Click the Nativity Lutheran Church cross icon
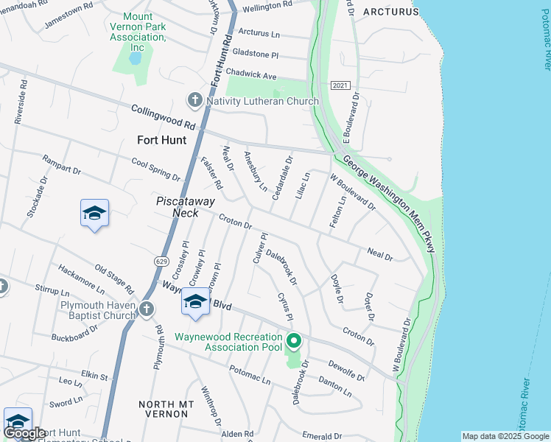194,100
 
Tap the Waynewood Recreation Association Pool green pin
294,340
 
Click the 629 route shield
161,261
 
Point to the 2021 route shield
339,86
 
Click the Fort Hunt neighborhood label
161,139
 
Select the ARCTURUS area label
390,12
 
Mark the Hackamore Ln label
80,277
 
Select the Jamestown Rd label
69,15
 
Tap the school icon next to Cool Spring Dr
94,214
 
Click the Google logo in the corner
24,433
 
